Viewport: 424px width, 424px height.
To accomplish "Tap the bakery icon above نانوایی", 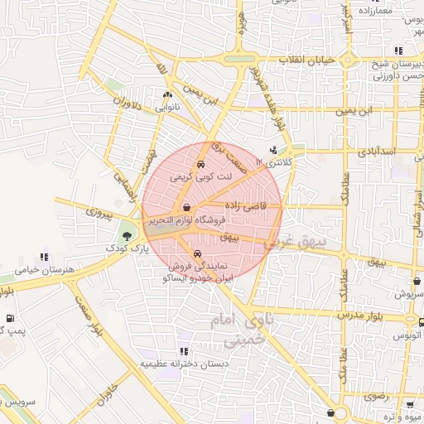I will pyautogui.click(x=167, y=95).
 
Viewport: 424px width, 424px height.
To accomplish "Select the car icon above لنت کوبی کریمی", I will pyautogui.click(x=203, y=163).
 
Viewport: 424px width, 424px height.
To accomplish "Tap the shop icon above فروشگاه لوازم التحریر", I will pyautogui.click(x=188, y=208).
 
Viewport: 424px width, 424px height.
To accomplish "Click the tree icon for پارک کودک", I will pyautogui.click(x=126, y=235).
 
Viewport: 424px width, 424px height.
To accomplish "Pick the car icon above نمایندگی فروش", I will pyautogui.click(x=197, y=253).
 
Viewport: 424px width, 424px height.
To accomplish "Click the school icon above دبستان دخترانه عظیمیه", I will pyautogui.click(x=182, y=351).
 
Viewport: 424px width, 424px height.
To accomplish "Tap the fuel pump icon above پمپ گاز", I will pyautogui.click(x=9, y=318).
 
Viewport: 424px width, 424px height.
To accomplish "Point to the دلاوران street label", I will pyautogui.click(x=127, y=106).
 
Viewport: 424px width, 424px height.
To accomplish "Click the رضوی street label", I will pyautogui.click(x=375, y=397).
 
